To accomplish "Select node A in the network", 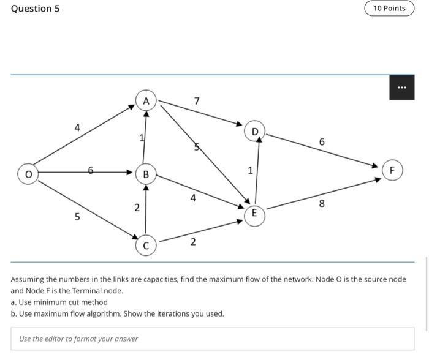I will (x=146, y=100).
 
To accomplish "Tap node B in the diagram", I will (x=146, y=174).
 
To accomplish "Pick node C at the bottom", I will (x=146, y=246).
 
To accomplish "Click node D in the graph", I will (x=255, y=130).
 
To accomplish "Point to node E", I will (x=254, y=214).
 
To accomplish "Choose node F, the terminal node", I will (x=392, y=170).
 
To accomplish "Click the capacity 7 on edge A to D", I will (x=196, y=100).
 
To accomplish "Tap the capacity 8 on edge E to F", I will (x=322, y=204).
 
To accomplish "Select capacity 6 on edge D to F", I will (x=322, y=141).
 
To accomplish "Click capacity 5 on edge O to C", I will (x=77, y=216).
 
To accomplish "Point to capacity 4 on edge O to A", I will (x=77, y=127).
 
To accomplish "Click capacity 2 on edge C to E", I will (x=193, y=242).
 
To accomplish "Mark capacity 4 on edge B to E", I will (x=193, y=198).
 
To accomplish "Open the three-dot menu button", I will (x=401, y=88).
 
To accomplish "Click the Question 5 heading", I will (x=35, y=9).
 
